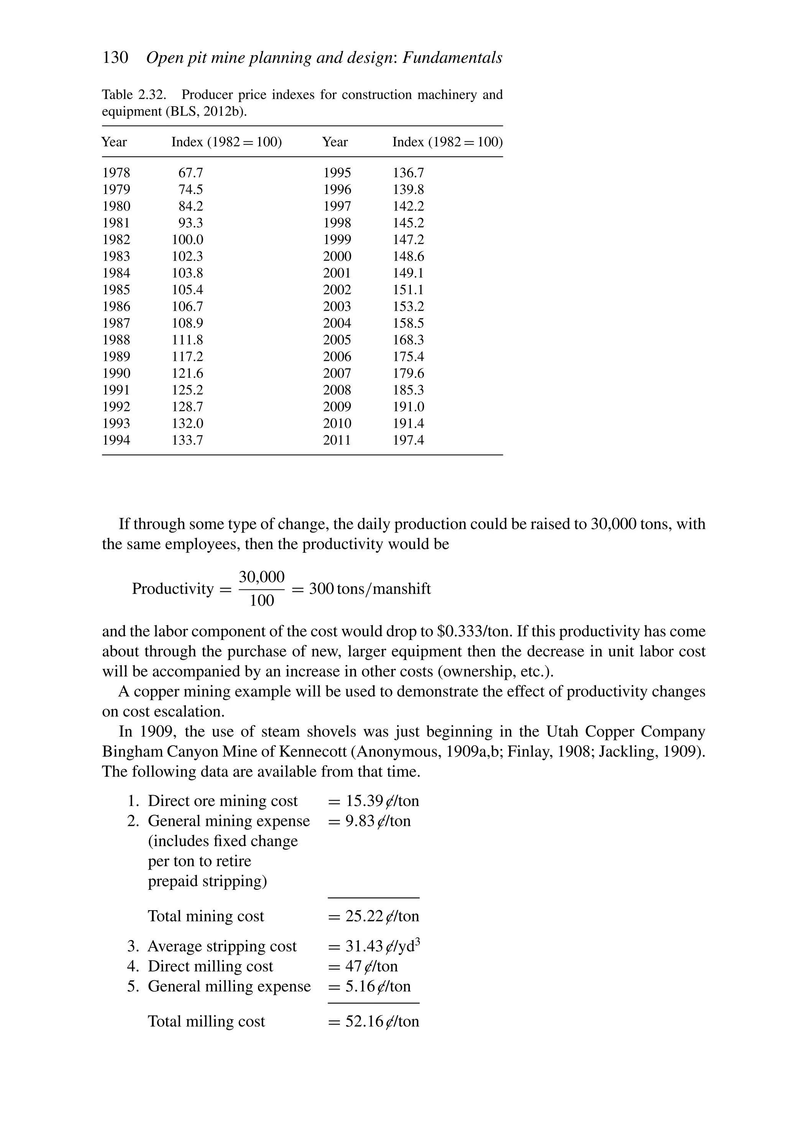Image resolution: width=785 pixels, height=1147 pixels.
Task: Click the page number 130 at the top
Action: click(x=115, y=58)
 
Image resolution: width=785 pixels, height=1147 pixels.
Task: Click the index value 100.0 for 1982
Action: click(x=187, y=240)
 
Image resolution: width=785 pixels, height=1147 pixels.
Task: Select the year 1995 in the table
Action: click(x=337, y=173)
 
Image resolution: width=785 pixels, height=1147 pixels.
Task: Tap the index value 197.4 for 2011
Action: click(x=408, y=440)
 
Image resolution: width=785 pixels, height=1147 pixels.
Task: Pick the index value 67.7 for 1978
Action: click(x=191, y=173)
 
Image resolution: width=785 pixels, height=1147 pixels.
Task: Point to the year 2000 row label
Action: click(x=337, y=257)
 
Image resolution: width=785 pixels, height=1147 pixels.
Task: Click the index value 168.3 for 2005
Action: click(x=408, y=340)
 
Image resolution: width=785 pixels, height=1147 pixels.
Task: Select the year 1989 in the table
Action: click(x=116, y=357)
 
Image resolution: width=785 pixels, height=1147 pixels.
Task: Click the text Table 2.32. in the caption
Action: click(x=133, y=95)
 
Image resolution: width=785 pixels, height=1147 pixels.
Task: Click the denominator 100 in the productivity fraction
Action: click(x=262, y=601)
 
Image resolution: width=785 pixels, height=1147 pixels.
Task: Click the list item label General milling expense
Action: click(x=229, y=986)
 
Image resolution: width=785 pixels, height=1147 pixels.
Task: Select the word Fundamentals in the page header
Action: click(x=452, y=58)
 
